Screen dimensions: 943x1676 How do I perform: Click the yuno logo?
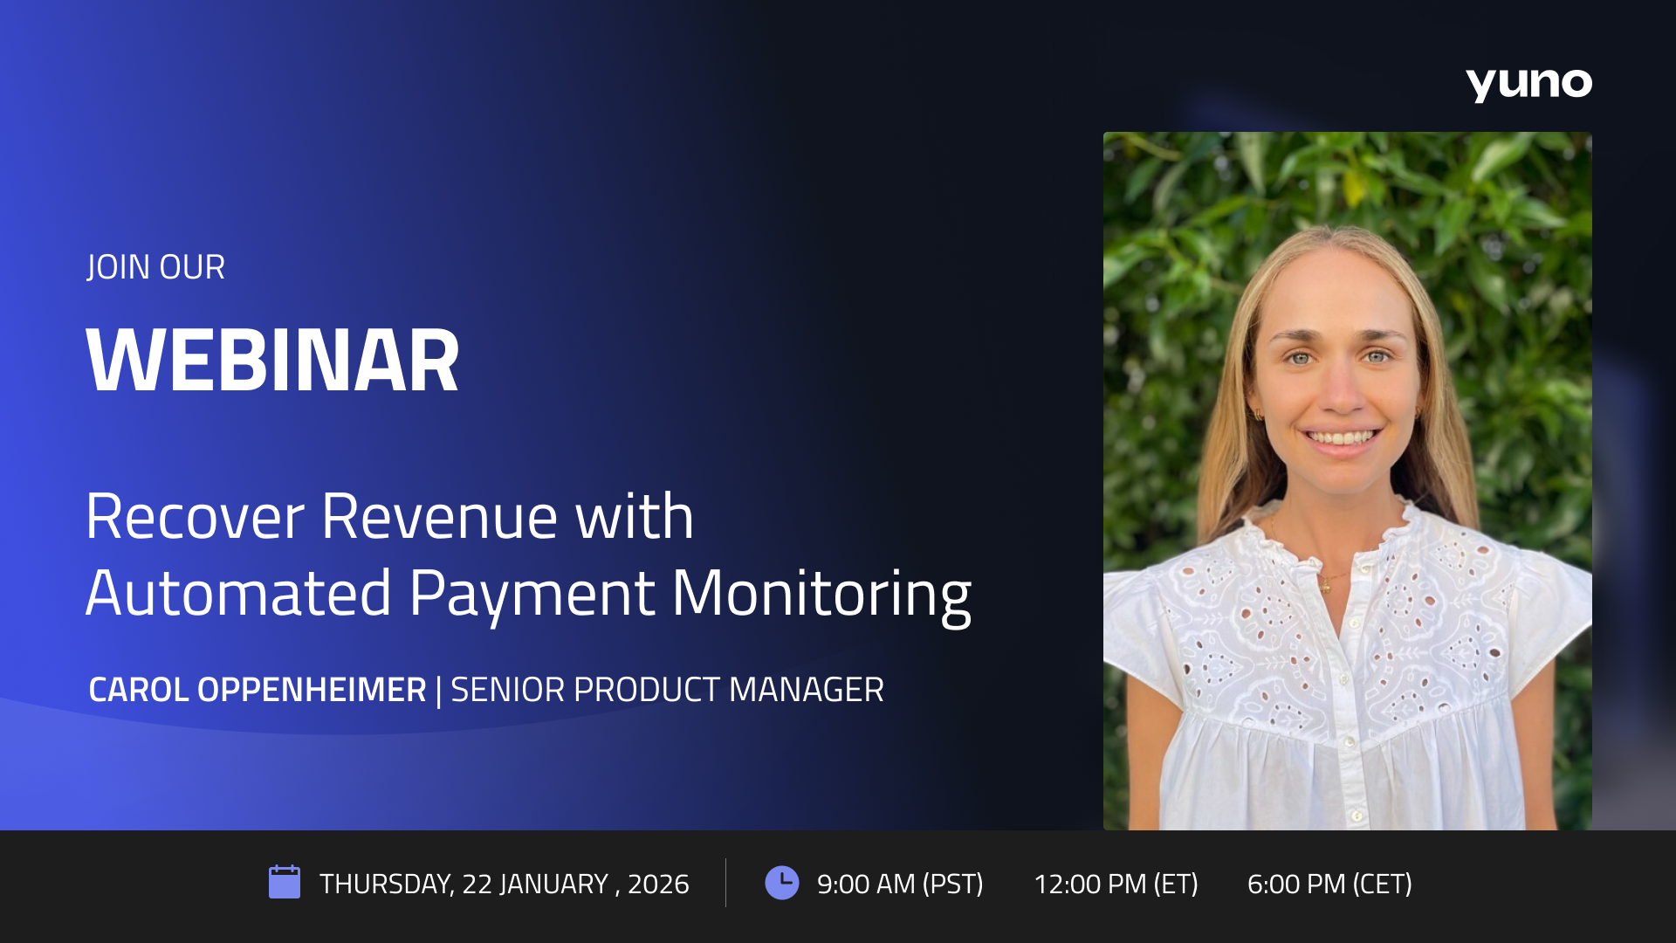coord(1528,84)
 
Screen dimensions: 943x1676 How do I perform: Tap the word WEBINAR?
coord(272,361)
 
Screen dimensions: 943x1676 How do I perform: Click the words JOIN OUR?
coord(156,267)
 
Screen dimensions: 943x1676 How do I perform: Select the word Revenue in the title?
coord(439,517)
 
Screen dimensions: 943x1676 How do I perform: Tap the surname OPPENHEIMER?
coord(312,690)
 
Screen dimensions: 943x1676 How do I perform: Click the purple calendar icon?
coord(285,882)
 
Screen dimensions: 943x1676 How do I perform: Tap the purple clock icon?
coord(781,882)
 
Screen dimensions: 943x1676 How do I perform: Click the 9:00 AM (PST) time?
coord(900,884)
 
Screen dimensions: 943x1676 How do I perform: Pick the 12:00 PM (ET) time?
coord(1116,884)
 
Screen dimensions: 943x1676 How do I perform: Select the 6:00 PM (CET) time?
coord(1329,884)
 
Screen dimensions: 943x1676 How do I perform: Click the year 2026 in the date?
coord(658,884)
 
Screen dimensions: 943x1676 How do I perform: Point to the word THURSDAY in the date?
coord(385,884)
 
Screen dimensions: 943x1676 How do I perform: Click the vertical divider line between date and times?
coord(725,882)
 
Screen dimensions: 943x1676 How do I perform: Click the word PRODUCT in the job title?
coord(647,690)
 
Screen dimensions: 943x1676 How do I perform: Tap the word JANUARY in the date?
coord(553,884)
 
